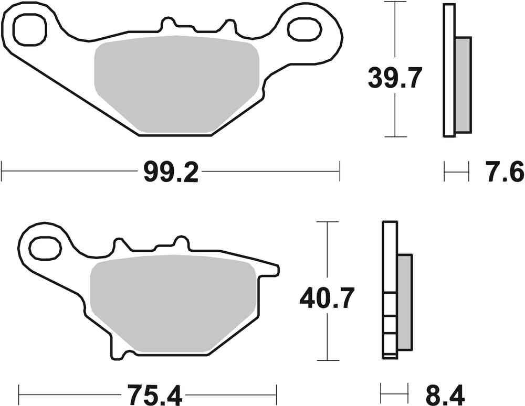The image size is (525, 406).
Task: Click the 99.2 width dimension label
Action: pyautogui.click(x=171, y=172)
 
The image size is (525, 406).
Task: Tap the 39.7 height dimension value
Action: pyautogui.click(x=395, y=79)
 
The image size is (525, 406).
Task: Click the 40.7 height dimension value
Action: pyautogui.click(x=328, y=298)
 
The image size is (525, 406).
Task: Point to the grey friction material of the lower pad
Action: pyautogui.click(x=173, y=304)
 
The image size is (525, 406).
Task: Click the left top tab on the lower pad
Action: pyautogui.click(x=121, y=247)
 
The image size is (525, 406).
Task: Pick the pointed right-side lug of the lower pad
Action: pyautogui.click(x=270, y=270)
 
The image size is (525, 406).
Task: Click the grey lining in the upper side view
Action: pyautogui.click(x=463, y=84)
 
